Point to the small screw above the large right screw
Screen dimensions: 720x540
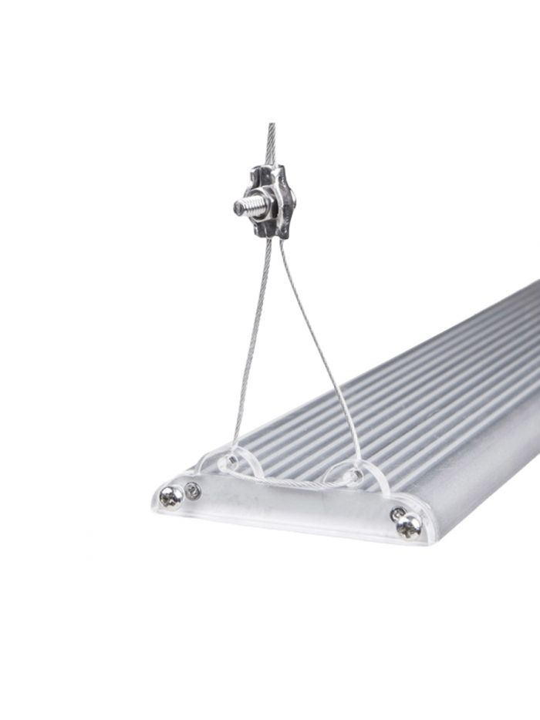point(397,513)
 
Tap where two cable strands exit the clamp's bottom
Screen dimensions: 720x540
point(272,238)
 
